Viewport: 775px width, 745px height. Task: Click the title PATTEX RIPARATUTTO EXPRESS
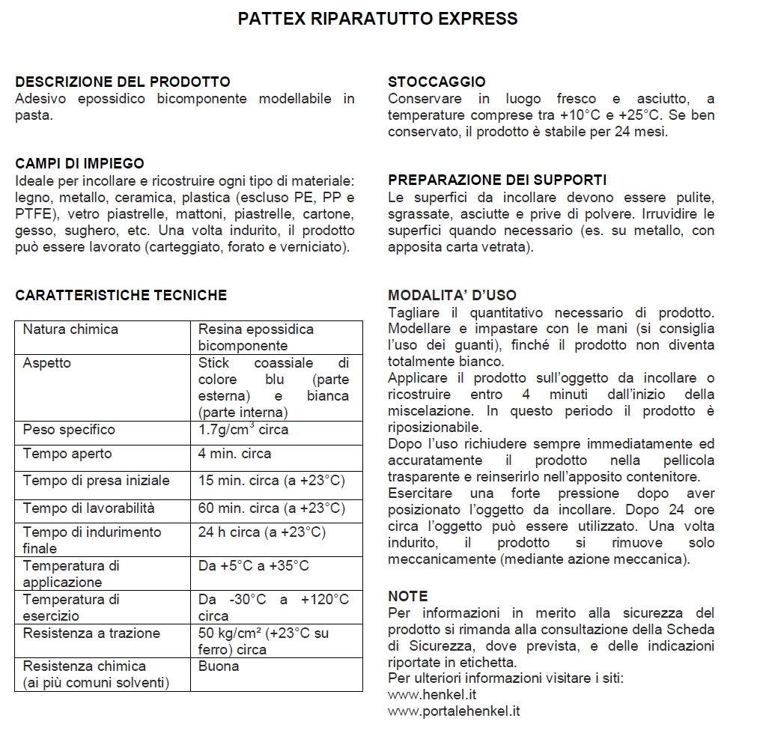click(377, 19)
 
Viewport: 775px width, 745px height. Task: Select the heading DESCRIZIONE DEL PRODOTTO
click(123, 82)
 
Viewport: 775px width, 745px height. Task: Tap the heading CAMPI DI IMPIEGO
click(80, 163)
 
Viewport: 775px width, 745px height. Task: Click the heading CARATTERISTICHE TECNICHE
click(121, 295)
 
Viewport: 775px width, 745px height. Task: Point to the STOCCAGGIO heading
click(437, 82)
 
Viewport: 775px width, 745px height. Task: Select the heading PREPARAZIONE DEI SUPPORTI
click(497, 180)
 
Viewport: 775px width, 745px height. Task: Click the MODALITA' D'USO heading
click(452, 295)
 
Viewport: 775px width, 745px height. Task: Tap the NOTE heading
click(408, 596)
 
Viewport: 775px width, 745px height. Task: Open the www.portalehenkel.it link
click(454, 711)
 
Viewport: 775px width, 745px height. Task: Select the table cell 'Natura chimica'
click(70, 329)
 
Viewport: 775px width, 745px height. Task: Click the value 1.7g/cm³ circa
click(243, 430)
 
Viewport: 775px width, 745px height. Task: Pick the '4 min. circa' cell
click(234, 454)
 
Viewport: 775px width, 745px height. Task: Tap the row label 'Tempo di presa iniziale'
click(97, 481)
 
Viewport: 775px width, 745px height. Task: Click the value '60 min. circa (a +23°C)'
click(271, 508)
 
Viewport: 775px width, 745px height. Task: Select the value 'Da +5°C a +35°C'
click(253, 566)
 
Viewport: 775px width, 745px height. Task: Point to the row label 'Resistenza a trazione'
click(91, 633)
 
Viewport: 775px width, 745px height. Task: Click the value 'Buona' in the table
click(219, 666)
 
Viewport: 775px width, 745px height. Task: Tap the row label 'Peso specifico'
click(69, 430)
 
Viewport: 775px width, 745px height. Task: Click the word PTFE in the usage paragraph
click(32, 213)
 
